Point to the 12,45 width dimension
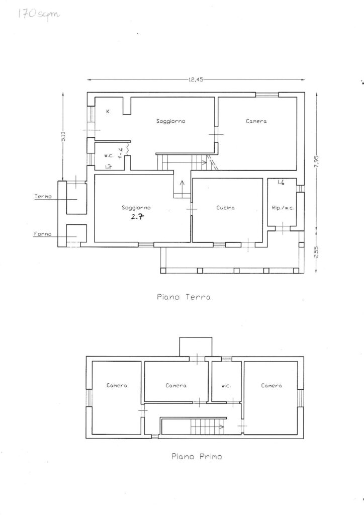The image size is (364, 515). (x=196, y=79)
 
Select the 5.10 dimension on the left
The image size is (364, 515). (x=63, y=136)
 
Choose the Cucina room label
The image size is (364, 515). (x=226, y=208)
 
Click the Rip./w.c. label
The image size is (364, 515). (x=283, y=208)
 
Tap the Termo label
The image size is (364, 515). (x=43, y=197)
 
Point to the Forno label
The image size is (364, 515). (x=43, y=234)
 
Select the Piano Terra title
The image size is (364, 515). (x=184, y=297)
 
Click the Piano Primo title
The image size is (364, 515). (x=197, y=456)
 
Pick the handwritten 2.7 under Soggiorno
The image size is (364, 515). (x=137, y=216)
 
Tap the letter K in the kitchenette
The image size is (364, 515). (x=108, y=112)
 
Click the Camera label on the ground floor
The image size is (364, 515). (x=256, y=121)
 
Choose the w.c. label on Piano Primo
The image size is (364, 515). (x=226, y=386)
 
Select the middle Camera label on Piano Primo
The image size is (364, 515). (x=176, y=386)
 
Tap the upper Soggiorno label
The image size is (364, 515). (x=170, y=121)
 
